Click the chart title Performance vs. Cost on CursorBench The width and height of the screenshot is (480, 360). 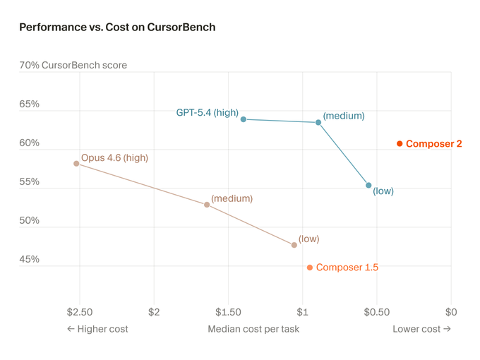[117, 28]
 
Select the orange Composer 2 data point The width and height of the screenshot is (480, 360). [400, 144]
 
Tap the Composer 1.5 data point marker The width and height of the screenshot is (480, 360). [310, 268]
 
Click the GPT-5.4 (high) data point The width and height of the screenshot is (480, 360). [244, 119]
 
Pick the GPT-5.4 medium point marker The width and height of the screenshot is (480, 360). [318, 123]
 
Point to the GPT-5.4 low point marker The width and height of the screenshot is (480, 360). [368, 186]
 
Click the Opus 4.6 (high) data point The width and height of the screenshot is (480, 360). [76, 164]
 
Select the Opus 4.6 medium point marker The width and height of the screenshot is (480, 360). [207, 205]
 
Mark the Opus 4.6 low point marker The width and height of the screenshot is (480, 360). [294, 245]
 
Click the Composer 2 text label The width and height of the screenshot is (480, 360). [433, 144]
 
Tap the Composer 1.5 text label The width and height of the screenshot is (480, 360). [347, 268]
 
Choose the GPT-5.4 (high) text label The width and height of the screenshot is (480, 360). [207, 112]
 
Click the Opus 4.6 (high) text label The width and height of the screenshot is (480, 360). [114, 158]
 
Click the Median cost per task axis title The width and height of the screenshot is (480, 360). [253, 329]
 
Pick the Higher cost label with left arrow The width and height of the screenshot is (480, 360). [97, 329]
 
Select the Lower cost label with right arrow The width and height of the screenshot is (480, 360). [421, 329]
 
